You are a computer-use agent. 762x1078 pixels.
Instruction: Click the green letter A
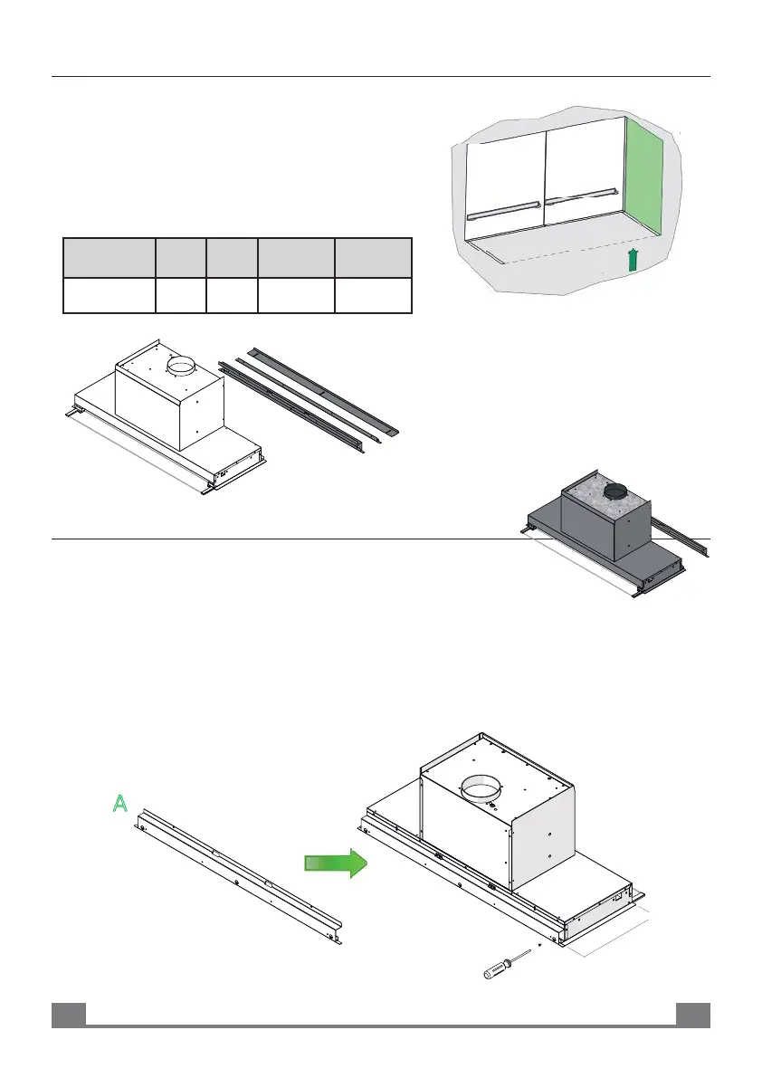tap(119, 804)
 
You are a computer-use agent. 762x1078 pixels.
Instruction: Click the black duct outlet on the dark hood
tap(616, 491)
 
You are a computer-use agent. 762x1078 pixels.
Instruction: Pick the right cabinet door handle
tap(579, 196)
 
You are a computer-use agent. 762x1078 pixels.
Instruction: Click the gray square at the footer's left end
tap(68, 1015)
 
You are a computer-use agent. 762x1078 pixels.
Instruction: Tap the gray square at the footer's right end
tap(693, 1015)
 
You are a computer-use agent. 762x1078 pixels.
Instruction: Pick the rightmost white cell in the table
tap(373, 296)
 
